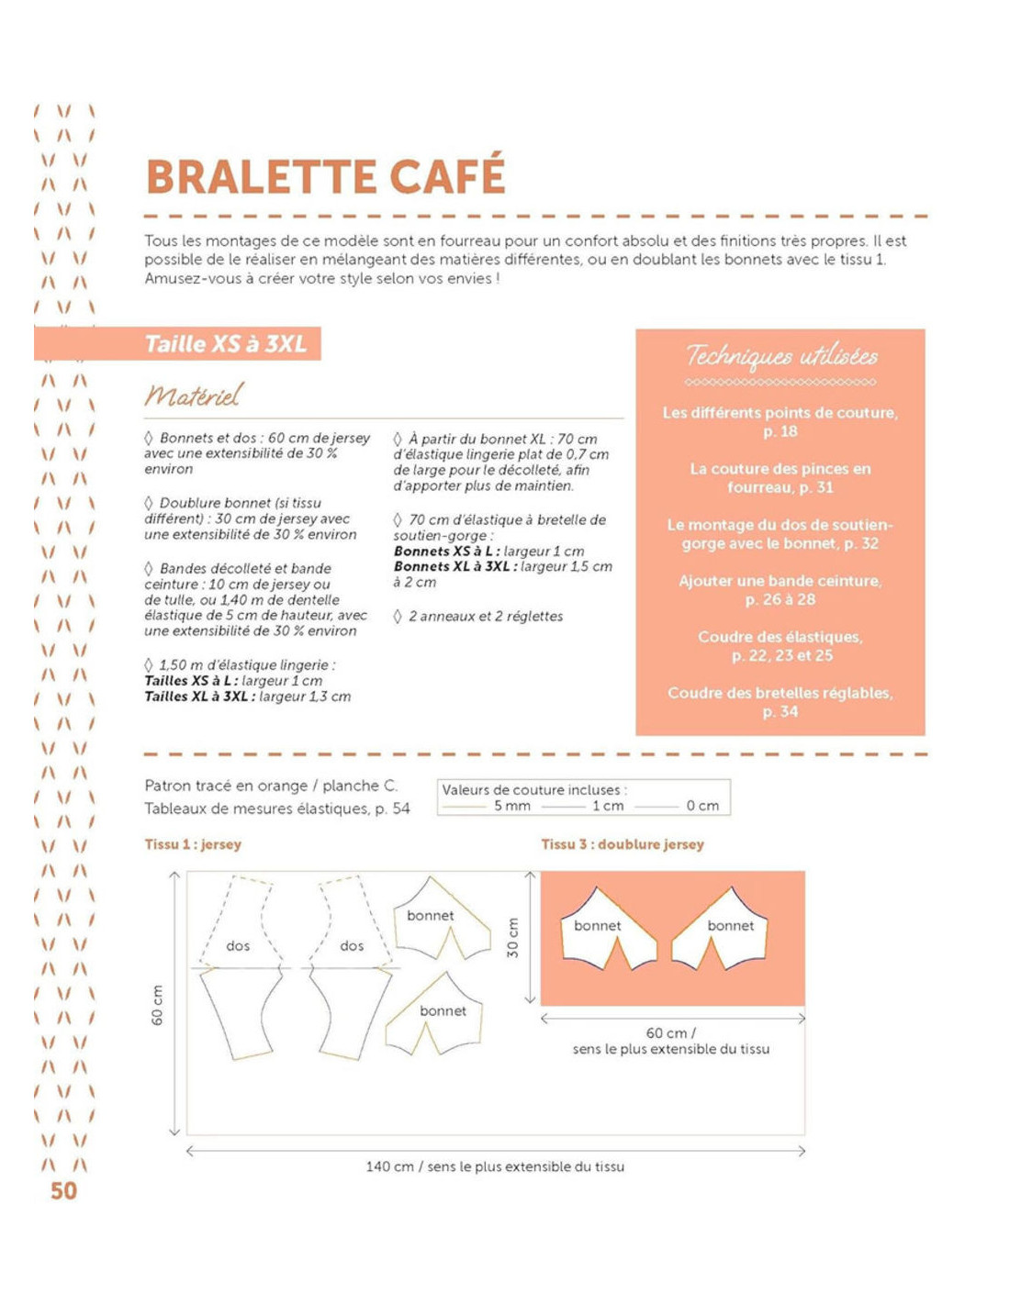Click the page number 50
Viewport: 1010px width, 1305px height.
point(63,1190)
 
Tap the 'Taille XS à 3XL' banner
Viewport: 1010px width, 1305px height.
point(226,344)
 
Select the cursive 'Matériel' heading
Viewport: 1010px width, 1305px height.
point(193,395)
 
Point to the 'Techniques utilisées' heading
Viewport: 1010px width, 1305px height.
point(781,356)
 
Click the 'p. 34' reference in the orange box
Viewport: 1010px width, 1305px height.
point(780,711)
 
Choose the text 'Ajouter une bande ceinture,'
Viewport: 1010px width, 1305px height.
point(780,581)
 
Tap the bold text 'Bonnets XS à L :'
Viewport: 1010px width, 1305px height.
point(446,551)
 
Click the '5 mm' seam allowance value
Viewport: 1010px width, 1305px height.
point(512,806)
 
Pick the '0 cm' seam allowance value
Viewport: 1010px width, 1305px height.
point(702,806)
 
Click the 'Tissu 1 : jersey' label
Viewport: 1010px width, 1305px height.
point(193,843)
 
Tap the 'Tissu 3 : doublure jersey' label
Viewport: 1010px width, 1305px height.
point(622,843)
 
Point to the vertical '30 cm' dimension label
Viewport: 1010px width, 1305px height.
point(512,938)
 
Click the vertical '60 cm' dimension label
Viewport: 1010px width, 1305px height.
point(157,1005)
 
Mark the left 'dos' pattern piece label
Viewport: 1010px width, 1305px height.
point(238,945)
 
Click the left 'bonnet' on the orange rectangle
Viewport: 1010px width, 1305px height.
point(597,925)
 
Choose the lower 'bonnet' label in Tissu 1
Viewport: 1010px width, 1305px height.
point(443,1010)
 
